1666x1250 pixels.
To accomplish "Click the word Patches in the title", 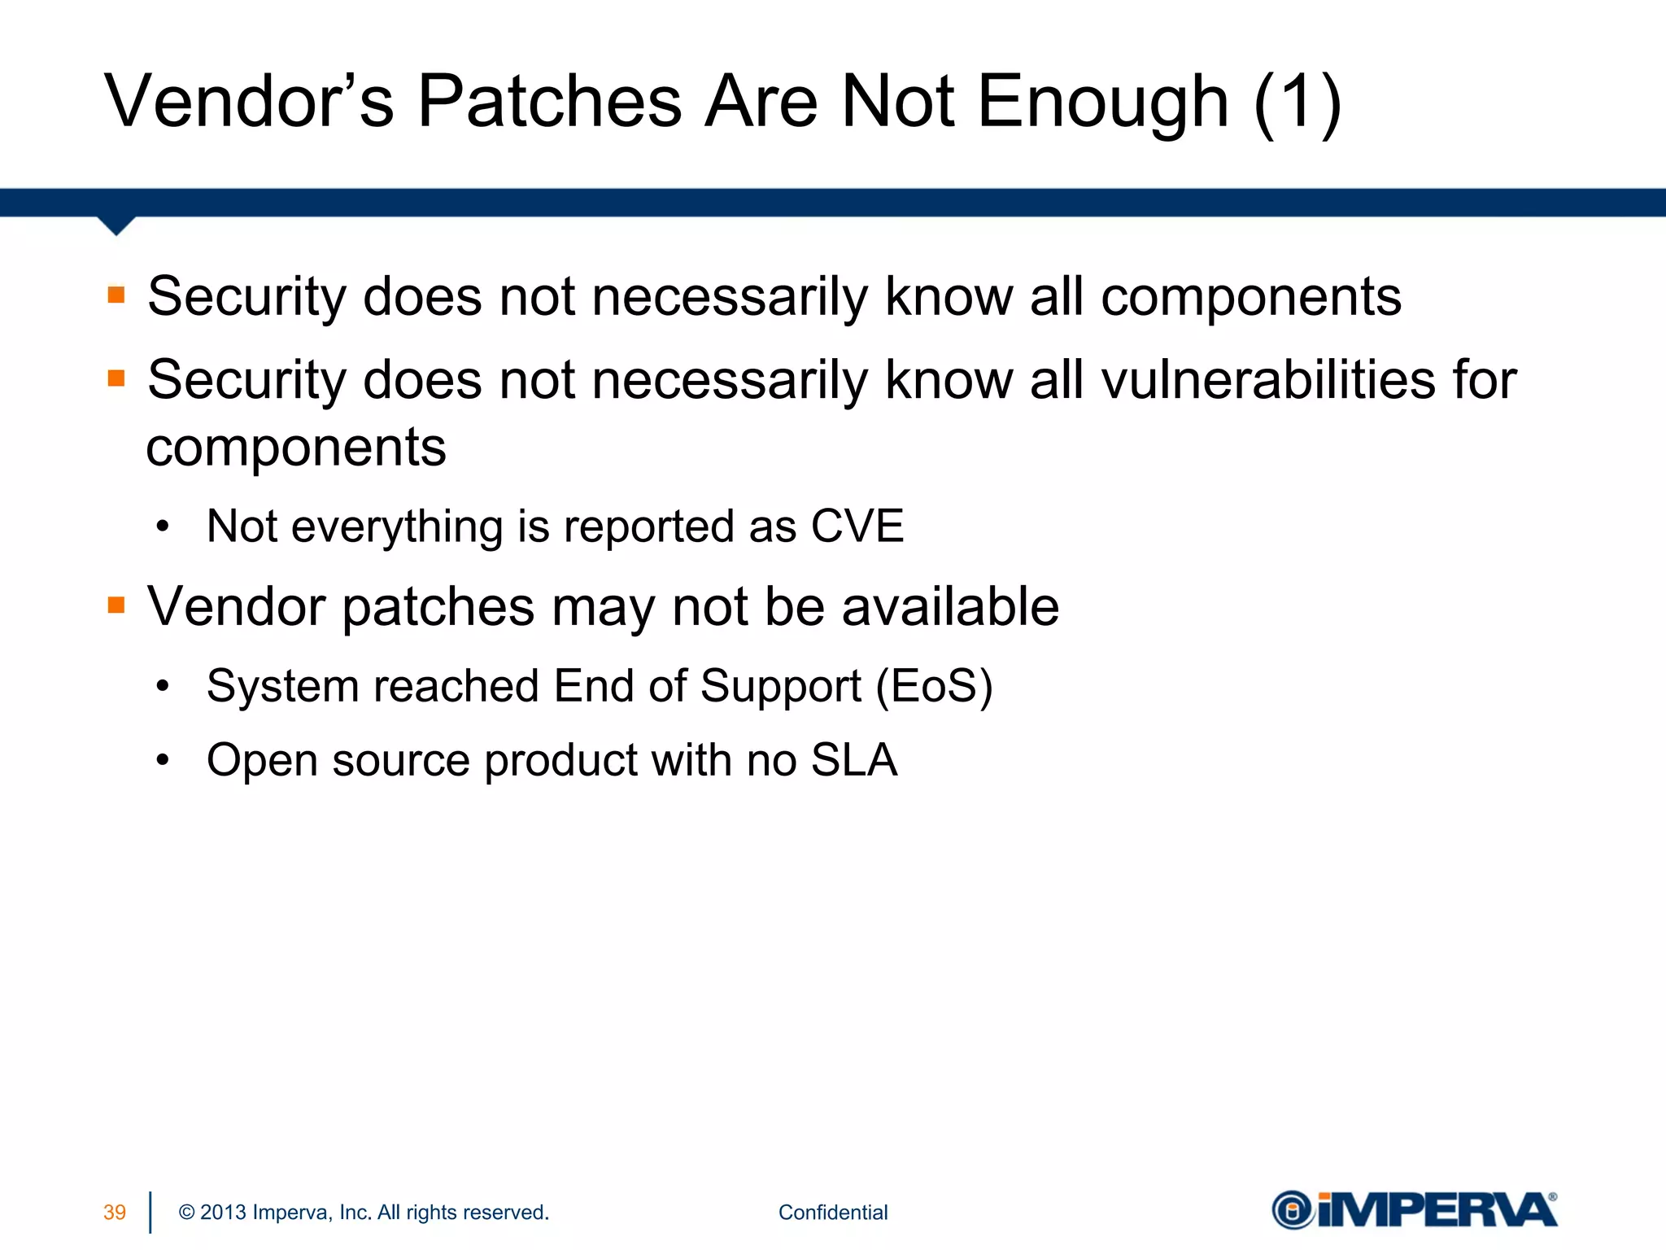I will click(x=549, y=102).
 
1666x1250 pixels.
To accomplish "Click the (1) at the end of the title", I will click(x=1297, y=103).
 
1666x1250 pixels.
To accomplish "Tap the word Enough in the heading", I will click(x=1102, y=103).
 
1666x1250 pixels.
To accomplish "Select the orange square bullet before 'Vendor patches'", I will click(x=116, y=605).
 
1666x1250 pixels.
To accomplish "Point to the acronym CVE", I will click(x=857, y=526).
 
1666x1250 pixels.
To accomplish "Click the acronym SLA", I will click(x=853, y=760).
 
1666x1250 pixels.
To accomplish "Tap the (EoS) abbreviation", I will click(x=934, y=685).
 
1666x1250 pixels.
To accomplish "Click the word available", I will click(x=949, y=606).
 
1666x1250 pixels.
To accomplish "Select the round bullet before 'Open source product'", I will click(x=164, y=760).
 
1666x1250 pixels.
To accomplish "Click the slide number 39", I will click(x=115, y=1213).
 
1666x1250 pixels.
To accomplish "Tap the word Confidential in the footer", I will click(x=832, y=1213).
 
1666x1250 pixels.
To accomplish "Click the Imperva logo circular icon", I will click(x=1293, y=1210).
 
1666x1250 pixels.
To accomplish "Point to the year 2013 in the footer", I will click(x=223, y=1213).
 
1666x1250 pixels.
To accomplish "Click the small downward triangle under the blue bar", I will click(x=116, y=225).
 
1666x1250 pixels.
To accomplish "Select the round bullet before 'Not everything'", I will click(x=164, y=527).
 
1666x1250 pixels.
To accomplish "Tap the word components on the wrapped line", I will click(x=296, y=448).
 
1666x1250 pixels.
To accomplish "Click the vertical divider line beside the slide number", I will click(x=150, y=1213).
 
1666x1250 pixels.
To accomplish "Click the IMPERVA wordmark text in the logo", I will click(x=1436, y=1210).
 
